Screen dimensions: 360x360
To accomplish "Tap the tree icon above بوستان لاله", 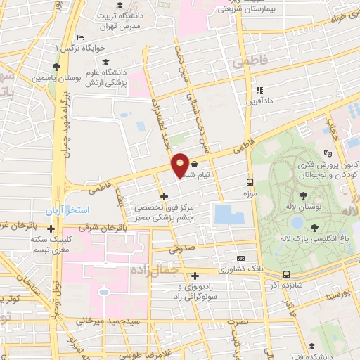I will tap(303, 196).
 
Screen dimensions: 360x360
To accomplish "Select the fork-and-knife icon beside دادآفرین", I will tap(259, 90).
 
